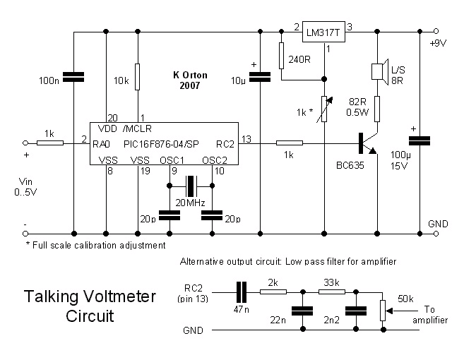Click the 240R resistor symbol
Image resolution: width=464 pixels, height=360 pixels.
tap(281, 53)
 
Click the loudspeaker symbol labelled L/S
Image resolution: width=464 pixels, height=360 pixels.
tap(378, 71)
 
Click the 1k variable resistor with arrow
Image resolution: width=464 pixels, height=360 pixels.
tap(324, 109)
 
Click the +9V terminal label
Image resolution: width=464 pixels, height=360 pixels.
tap(439, 42)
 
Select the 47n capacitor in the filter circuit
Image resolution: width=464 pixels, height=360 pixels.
tap(242, 290)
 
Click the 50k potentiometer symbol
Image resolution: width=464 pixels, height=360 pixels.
tap(383, 308)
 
